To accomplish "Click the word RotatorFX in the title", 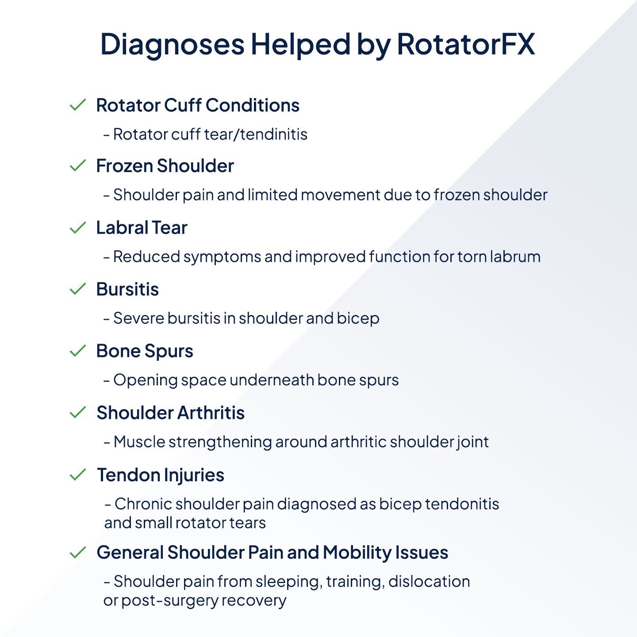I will pyautogui.click(x=466, y=44).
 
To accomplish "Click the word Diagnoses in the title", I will pyautogui.click(x=173, y=44).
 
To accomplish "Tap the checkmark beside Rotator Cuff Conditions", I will pyautogui.click(x=78, y=105).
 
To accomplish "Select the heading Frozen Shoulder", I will pyautogui.click(x=165, y=166).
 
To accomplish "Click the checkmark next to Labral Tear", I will pyautogui.click(x=78, y=228).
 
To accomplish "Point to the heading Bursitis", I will pyautogui.click(x=127, y=289).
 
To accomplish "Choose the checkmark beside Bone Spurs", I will pyautogui.click(x=78, y=351).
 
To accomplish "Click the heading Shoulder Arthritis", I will pyautogui.click(x=170, y=413).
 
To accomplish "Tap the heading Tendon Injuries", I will pyautogui.click(x=161, y=475).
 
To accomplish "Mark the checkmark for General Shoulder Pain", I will pyautogui.click(x=78, y=552).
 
